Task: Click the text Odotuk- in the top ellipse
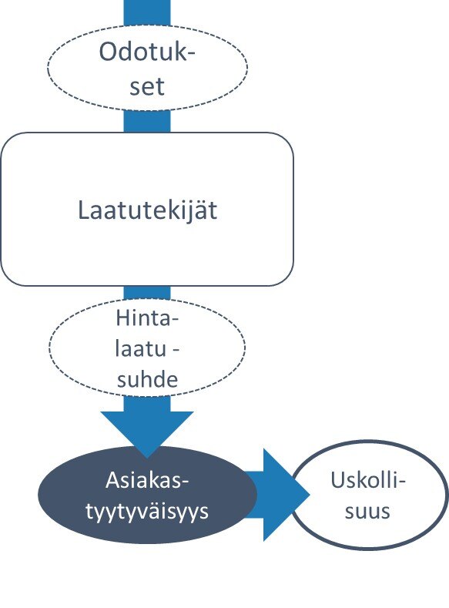(147, 51)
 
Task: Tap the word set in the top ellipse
(147, 86)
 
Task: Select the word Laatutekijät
(148, 211)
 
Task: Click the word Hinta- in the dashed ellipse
(147, 318)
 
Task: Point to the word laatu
(141, 348)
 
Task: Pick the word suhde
(147, 379)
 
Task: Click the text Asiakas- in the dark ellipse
(147, 480)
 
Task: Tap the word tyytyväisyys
(147, 511)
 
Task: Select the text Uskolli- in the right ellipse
(367, 480)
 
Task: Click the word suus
(367, 511)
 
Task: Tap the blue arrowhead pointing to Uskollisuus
(286, 495)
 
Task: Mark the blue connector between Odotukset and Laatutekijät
(147, 121)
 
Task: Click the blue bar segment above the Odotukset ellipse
(147, 13)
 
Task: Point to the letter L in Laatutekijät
(84, 210)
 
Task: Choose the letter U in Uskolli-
(338, 480)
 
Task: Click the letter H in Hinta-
(123, 318)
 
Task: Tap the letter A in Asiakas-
(113, 480)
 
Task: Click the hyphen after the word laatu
(175, 350)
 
